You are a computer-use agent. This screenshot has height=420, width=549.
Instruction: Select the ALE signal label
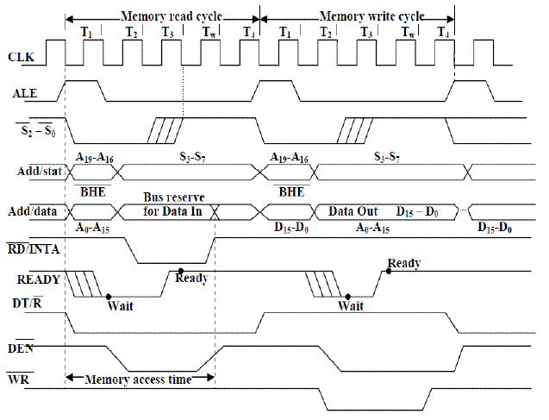[23, 92]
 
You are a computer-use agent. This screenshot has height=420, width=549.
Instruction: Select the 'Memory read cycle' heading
[163, 16]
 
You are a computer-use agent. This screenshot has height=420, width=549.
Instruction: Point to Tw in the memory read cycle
[209, 32]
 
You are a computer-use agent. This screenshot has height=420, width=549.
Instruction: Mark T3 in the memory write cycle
[366, 32]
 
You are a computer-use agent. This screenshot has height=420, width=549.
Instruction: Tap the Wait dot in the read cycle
[108, 296]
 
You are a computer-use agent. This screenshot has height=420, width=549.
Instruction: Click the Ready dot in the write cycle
[389, 271]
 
